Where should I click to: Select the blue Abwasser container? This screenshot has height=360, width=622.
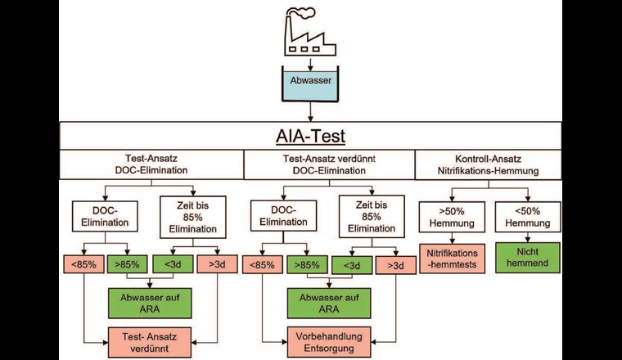point(309,84)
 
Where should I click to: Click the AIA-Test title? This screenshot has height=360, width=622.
point(309,137)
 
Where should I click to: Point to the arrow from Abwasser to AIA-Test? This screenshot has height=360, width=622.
point(309,113)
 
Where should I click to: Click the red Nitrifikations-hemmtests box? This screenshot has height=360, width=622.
point(453,256)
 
